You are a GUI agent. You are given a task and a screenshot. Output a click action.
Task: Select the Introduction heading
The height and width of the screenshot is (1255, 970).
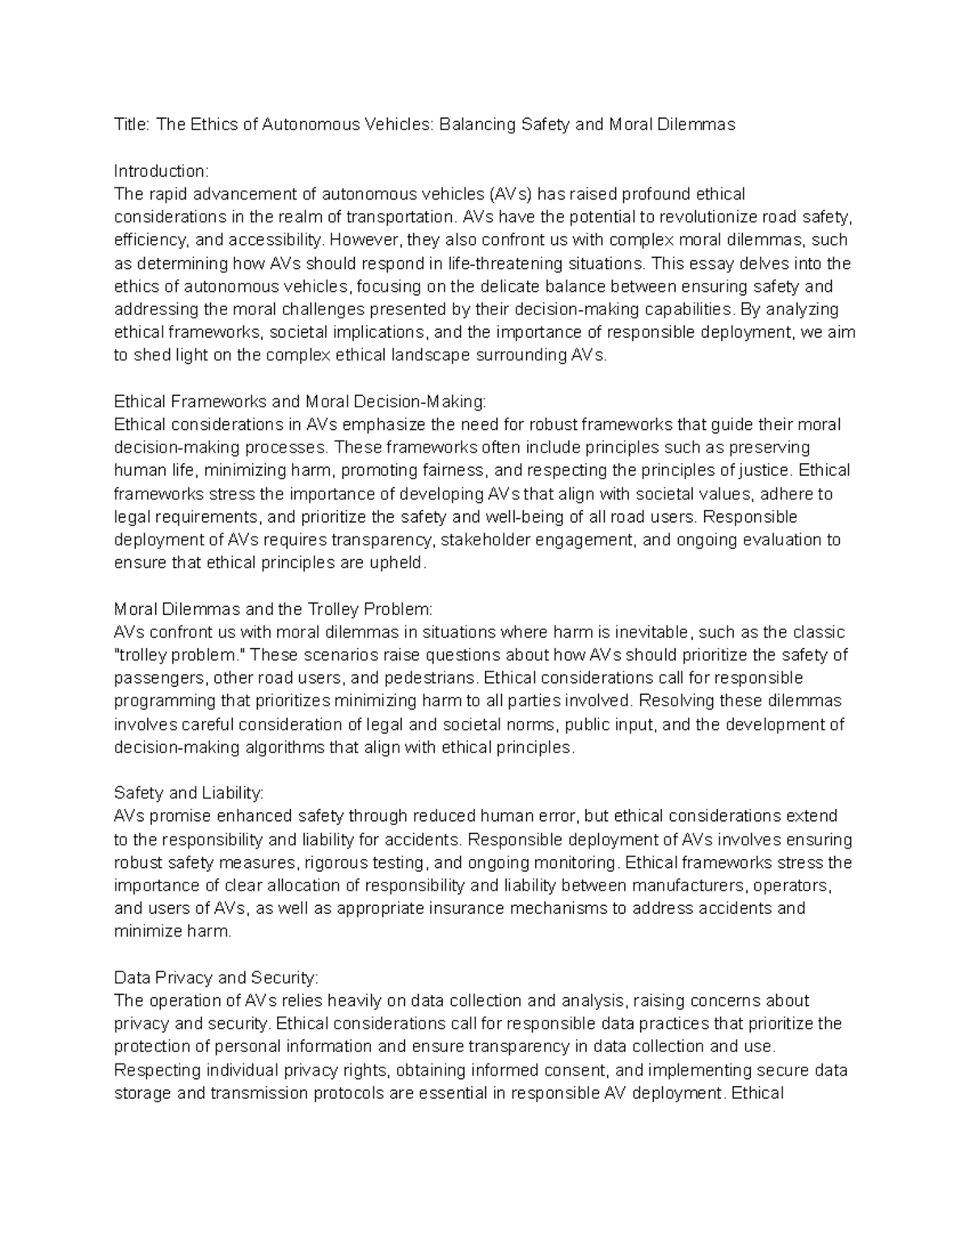(x=161, y=171)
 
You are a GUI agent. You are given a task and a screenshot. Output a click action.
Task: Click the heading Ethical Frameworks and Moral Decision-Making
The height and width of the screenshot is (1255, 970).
(x=301, y=402)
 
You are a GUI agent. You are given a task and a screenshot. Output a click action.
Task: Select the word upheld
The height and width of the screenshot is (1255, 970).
(x=396, y=562)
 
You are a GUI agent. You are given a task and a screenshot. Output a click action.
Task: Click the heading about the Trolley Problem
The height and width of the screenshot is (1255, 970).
(x=274, y=609)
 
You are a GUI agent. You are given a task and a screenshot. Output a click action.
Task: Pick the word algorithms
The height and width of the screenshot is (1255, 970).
(x=278, y=748)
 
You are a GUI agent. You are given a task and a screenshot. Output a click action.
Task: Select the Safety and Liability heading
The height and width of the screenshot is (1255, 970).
(x=189, y=793)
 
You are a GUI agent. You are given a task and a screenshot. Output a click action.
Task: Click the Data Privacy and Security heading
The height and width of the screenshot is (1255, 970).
(x=217, y=978)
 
